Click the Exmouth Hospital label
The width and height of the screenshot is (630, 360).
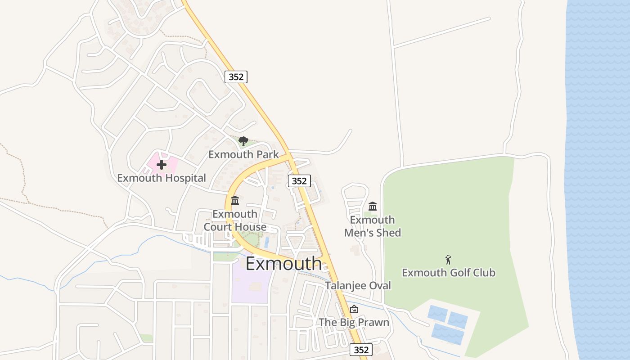[x=162, y=178]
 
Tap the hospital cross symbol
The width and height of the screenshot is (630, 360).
[x=162, y=165]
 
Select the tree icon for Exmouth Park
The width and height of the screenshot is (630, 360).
[x=243, y=141]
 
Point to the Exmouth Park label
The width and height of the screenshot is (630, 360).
[x=243, y=155]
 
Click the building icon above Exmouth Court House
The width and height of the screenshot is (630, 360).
[x=235, y=201]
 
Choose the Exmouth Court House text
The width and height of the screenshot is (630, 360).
[x=235, y=220]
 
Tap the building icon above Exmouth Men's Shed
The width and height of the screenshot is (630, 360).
[x=373, y=207]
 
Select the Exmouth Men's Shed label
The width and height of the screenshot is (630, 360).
[x=373, y=226]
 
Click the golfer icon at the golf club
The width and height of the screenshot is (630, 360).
[x=448, y=260]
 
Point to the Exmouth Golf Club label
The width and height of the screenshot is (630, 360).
[x=449, y=273]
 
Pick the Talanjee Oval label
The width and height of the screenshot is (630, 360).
[x=358, y=286]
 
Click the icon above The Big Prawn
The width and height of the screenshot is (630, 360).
[x=354, y=309]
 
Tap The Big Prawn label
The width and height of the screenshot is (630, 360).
[x=354, y=322]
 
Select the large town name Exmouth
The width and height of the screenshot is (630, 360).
[x=284, y=264]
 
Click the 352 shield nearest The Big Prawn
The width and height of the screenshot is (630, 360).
[x=361, y=350]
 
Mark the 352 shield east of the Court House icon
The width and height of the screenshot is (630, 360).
[x=299, y=181]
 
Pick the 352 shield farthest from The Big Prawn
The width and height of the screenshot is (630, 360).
[x=236, y=77]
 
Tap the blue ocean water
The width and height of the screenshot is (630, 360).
[x=598, y=180]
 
